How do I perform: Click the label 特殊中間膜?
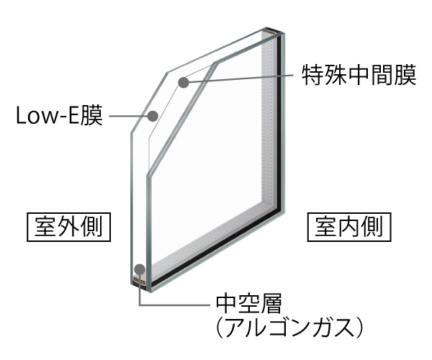[359, 75]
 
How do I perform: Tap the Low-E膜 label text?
[60, 116]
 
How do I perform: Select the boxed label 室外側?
[68, 228]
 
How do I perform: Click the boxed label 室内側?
[349, 228]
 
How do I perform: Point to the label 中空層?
[248, 304]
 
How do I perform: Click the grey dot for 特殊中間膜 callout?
[183, 82]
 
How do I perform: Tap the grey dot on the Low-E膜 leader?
[153, 116]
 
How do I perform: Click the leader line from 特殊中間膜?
[240, 78]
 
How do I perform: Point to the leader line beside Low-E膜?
[128, 116]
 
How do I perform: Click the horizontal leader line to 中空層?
[174, 305]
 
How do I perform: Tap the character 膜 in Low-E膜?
[92, 116]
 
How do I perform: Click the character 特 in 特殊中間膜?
[312, 75]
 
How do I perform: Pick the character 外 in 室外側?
[68, 228]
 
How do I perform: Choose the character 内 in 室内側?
[349, 228]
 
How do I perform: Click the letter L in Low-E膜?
[22, 116]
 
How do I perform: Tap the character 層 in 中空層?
[271, 304]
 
